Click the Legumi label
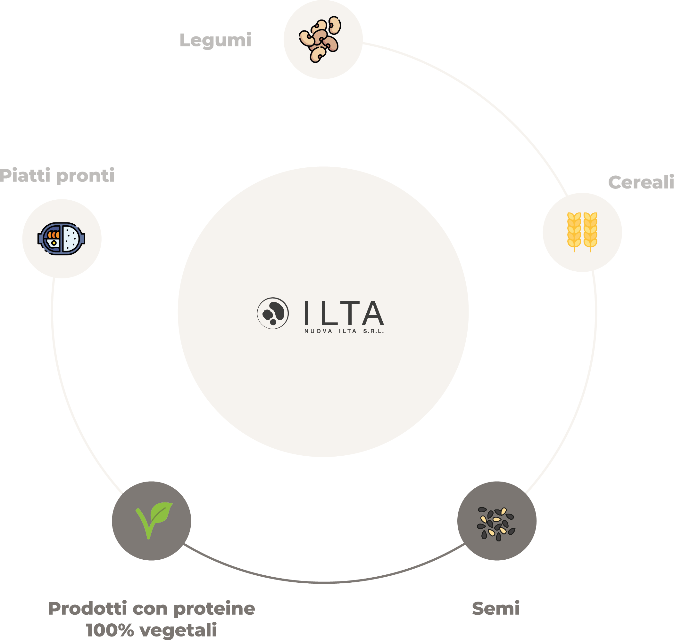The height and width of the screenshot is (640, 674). tap(215, 40)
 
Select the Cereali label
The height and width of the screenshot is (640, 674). tap(641, 182)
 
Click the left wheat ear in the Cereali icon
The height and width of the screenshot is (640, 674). tap(574, 231)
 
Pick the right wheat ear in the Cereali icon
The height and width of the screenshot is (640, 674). tap(590, 231)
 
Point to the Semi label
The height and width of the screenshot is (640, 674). tap(496, 609)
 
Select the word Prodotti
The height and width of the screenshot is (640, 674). tap(87, 609)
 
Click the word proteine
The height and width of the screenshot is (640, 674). tap(214, 609)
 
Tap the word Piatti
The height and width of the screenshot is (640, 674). tap(25, 175)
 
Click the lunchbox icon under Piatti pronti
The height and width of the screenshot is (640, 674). tap(62, 239)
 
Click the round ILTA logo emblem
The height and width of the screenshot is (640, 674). tap(273, 313)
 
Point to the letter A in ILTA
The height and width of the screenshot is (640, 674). tap(373, 313)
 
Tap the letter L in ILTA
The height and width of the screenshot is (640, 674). tap(329, 313)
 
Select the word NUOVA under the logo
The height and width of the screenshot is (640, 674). tap(318, 331)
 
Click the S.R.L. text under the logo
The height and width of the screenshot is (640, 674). tap(373, 331)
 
